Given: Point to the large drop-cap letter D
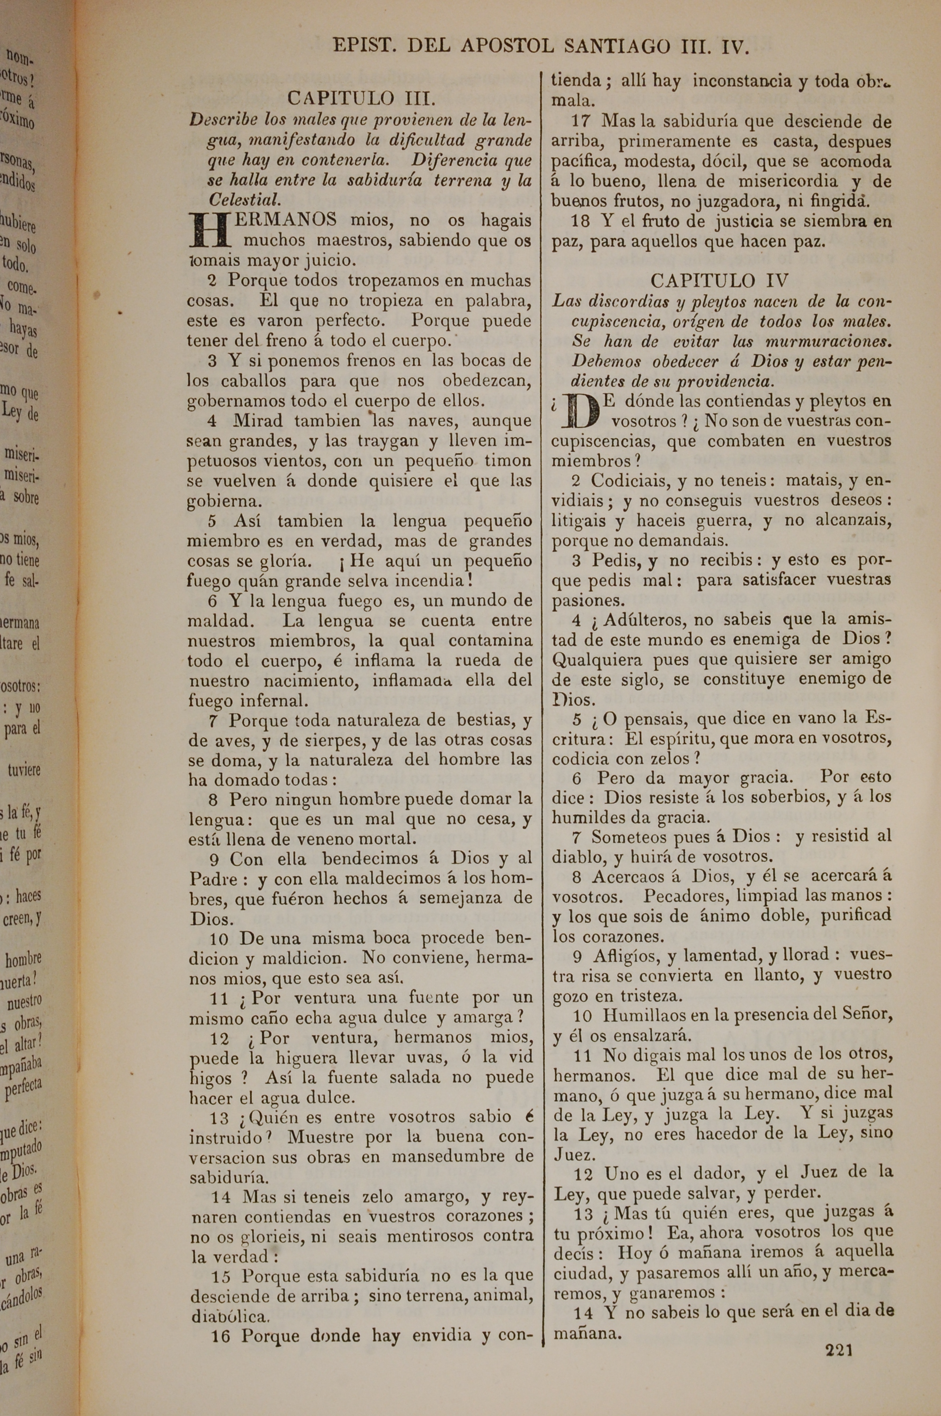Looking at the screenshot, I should tap(580, 411).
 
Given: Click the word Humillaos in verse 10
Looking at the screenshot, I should tap(641, 1015).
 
